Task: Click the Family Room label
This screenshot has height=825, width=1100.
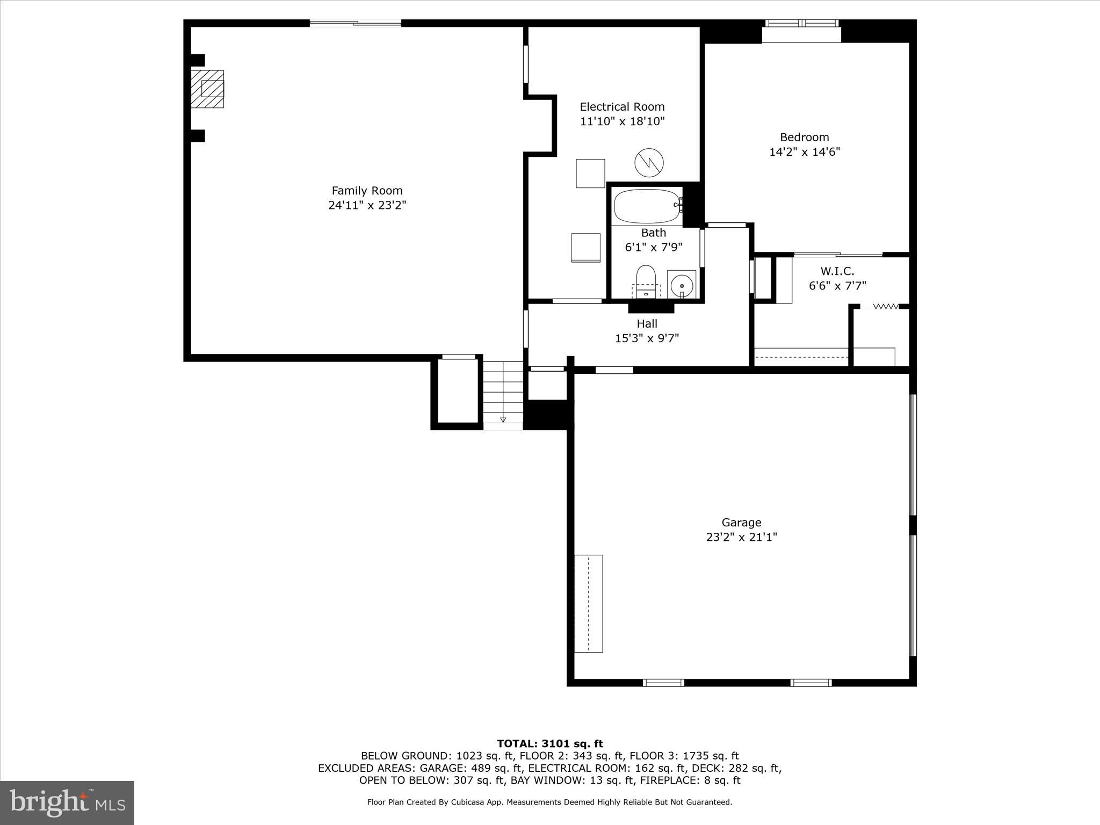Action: point(367,191)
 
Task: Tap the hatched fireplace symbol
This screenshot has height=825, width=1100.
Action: point(208,89)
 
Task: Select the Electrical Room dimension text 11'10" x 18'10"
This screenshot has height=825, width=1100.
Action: point(622,121)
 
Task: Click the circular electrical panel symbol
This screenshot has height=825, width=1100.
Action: point(649,162)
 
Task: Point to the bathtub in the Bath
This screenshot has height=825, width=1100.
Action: point(647,206)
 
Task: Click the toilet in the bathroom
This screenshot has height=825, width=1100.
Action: point(646,279)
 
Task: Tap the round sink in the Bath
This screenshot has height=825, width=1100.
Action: point(682,283)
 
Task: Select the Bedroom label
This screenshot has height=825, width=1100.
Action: point(804,137)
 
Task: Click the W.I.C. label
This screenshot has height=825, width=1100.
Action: point(837,271)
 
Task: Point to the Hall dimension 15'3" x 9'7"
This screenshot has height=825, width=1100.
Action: point(647,338)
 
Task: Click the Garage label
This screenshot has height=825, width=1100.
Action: point(741,522)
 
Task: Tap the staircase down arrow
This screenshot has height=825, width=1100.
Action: point(503,419)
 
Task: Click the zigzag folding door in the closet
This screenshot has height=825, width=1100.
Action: point(886,307)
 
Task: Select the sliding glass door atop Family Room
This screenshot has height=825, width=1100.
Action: point(355,23)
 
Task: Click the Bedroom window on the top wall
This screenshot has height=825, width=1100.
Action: point(801,23)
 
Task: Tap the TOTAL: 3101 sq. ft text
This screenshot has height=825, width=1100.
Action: point(549,743)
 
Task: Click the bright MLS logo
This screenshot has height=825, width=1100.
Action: point(67,802)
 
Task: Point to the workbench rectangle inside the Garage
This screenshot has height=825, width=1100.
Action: point(588,603)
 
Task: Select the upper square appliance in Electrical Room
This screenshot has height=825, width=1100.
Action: point(590,173)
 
